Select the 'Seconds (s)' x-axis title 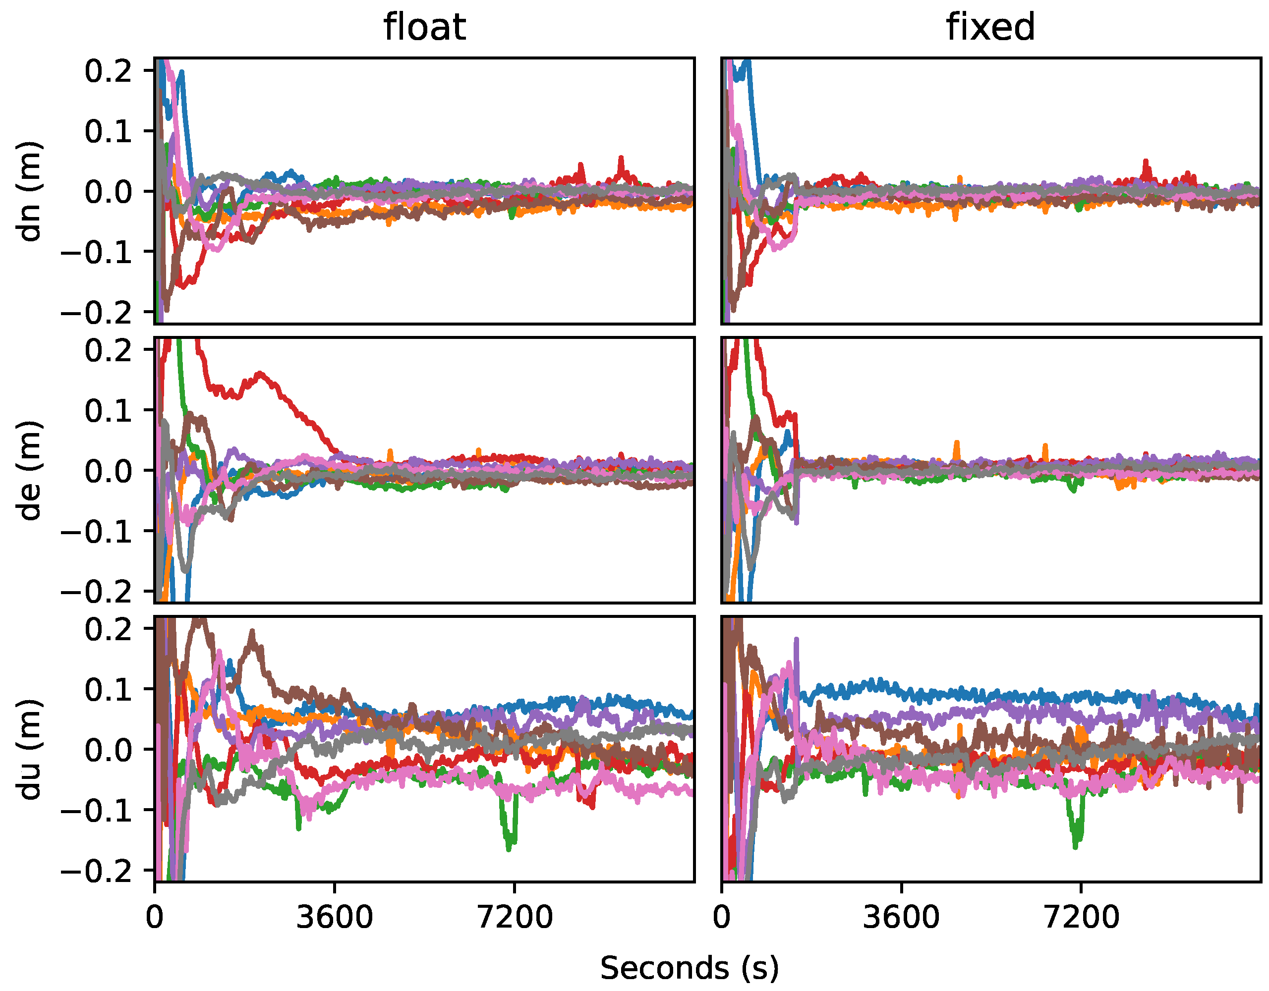point(689,968)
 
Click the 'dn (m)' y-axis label point(29,191)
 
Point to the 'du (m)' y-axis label point(29,749)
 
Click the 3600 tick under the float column point(335,918)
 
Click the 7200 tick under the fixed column point(1081,918)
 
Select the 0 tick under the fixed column point(722,918)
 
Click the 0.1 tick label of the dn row point(108,131)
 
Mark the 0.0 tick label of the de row point(108,471)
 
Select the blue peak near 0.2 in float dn point(182,73)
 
